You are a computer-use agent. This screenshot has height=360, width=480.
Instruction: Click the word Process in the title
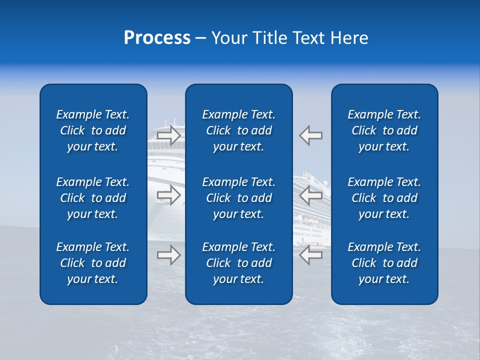click(157, 38)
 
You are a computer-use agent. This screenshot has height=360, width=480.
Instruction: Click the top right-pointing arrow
click(169, 135)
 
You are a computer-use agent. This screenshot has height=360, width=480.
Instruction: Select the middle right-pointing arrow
click(169, 195)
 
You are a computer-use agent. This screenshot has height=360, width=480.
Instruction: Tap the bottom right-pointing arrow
click(169, 255)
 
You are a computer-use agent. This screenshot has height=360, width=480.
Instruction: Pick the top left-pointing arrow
click(310, 135)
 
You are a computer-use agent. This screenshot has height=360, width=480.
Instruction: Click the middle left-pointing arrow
click(310, 195)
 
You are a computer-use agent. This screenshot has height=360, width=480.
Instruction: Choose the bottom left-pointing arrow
click(310, 255)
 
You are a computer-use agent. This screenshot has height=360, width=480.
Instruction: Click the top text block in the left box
click(93, 130)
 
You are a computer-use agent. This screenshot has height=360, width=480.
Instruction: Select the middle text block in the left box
click(93, 198)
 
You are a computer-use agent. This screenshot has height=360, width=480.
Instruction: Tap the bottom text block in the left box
click(93, 263)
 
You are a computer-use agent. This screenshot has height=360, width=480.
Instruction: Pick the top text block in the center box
click(239, 130)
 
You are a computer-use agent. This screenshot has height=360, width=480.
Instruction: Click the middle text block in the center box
click(239, 198)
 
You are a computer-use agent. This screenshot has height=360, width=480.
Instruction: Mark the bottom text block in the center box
click(239, 263)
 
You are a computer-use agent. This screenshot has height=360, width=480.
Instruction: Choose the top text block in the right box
click(384, 130)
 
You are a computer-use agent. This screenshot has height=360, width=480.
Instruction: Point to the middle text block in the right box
click(384, 198)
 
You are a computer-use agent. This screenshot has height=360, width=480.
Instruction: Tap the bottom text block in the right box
click(384, 263)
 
